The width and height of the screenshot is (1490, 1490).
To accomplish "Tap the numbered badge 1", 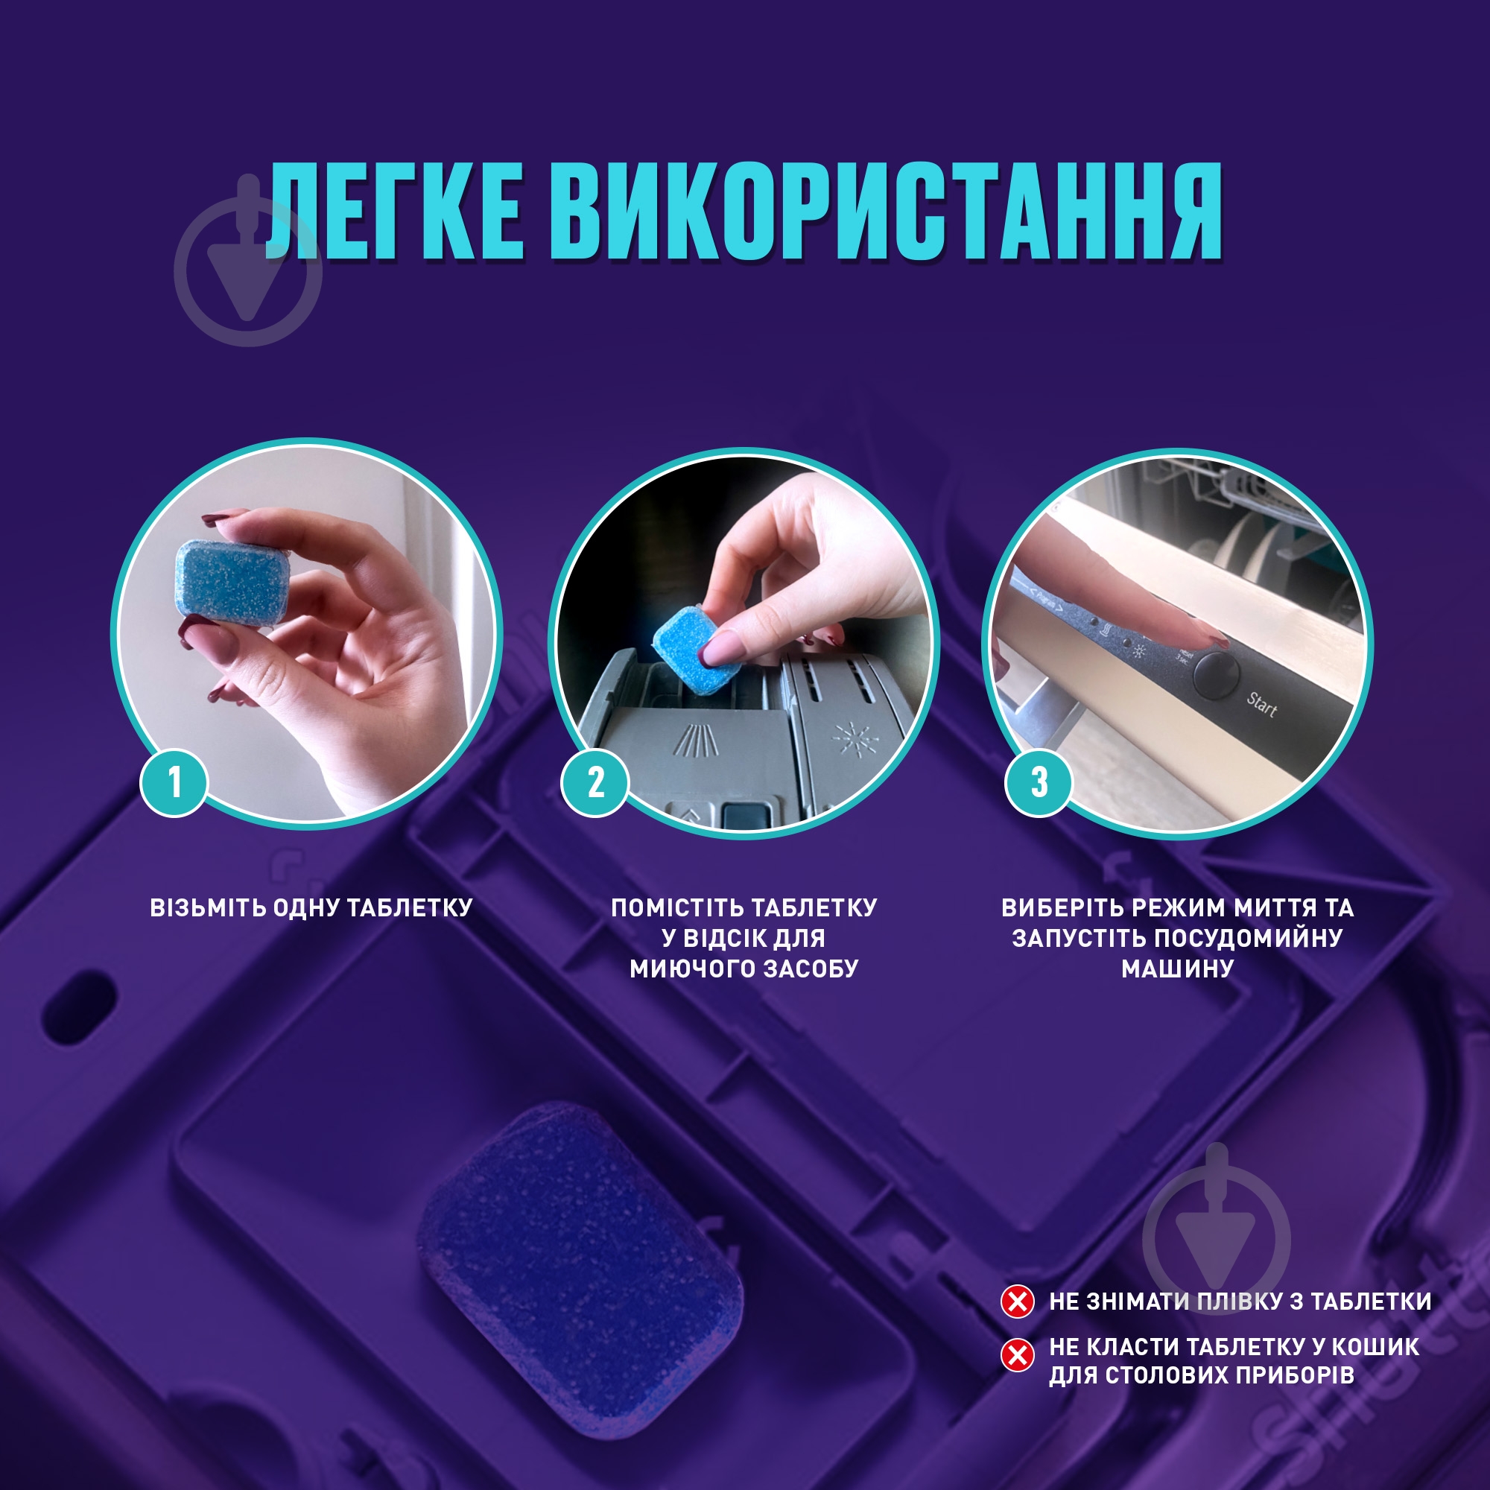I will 174,783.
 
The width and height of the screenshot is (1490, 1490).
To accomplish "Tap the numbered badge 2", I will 595,783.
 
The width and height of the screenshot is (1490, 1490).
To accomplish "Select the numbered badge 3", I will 1039,783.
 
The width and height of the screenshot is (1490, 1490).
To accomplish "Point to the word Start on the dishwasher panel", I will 1262,704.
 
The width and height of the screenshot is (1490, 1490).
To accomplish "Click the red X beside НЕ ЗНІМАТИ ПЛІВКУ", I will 1017,1302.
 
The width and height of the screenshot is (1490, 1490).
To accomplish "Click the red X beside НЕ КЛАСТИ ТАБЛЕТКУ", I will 1017,1355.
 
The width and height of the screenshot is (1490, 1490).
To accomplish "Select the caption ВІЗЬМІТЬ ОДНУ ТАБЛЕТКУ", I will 311,907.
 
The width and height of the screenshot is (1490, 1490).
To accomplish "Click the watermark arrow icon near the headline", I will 247,270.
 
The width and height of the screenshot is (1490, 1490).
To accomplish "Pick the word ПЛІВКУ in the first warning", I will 1239,1302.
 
